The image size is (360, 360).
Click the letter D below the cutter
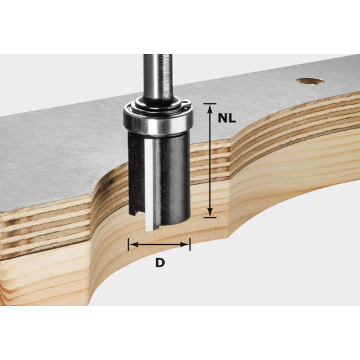159,263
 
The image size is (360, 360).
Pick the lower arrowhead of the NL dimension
210,211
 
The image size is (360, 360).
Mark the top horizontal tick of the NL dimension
210,103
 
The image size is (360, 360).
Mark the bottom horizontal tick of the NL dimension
210,215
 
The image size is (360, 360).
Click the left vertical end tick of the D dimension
128,245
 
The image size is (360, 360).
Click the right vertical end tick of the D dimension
190,245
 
